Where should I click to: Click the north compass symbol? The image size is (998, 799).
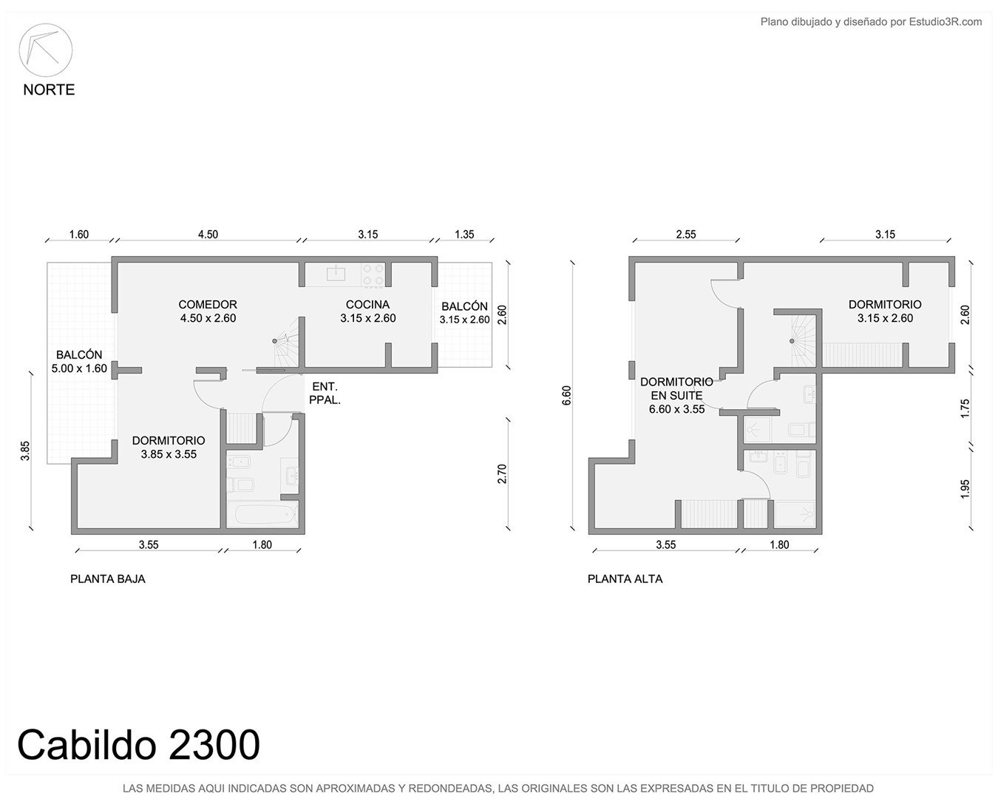pos(45,50)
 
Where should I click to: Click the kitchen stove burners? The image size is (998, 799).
pos(373,274)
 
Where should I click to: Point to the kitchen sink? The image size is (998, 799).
pos(336,273)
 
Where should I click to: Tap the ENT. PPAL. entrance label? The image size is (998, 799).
pos(325,394)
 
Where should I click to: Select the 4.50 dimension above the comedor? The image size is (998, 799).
pos(208,235)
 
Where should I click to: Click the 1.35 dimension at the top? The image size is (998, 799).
pos(464,235)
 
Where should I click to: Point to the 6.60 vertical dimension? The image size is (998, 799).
pos(566,395)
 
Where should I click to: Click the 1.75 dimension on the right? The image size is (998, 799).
pos(965,408)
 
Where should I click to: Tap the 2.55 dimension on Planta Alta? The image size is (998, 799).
pos(685,235)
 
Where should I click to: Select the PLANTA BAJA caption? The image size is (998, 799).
pos(108,579)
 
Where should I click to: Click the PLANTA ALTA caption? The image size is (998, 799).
pos(625,579)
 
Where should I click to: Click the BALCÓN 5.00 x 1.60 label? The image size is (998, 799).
pos(79,361)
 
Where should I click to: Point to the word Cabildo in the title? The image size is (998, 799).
pos(86,744)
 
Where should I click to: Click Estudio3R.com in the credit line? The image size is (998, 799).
pos(945,21)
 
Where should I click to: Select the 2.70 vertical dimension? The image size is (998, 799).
pos(502,473)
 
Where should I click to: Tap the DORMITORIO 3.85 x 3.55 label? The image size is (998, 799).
pos(169,447)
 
